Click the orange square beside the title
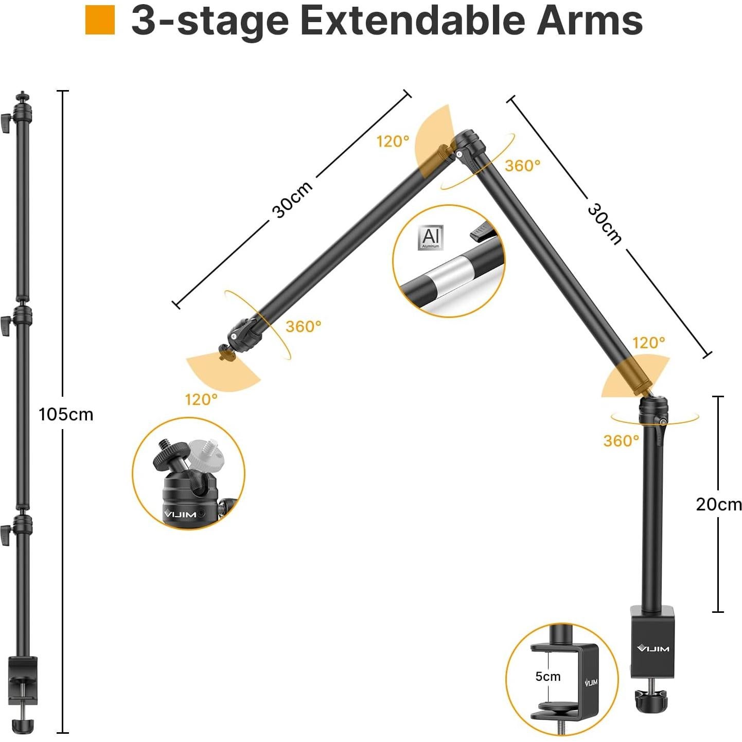click(x=100, y=20)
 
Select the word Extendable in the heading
click(x=411, y=21)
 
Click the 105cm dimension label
click(x=66, y=414)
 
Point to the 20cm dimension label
click(x=718, y=504)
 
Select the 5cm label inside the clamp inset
click(x=547, y=676)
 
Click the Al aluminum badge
click(x=430, y=237)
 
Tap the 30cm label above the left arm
click(x=292, y=200)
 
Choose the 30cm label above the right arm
click(x=605, y=223)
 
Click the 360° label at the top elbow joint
click(x=522, y=166)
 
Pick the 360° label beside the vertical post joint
click(x=621, y=441)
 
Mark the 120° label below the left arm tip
click(x=201, y=399)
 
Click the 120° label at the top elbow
click(x=393, y=142)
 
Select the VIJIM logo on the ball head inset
click(x=180, y=514)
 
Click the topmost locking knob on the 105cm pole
click(x=6, y=124)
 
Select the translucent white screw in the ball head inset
click(x=204, y=452)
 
